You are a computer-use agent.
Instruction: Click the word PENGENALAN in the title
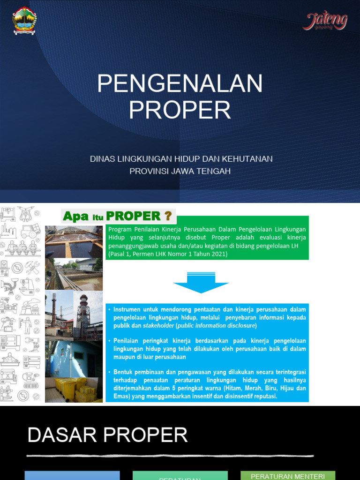click(180, 84)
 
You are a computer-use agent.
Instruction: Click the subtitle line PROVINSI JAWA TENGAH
click(180, 172)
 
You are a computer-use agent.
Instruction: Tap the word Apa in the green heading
click(76, 217)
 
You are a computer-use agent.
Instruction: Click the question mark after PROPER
click(167, 216)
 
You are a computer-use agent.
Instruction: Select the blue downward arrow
click(201, 282)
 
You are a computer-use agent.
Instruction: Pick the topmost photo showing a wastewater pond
click(74, 242)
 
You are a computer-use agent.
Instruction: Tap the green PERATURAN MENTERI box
click(288, 476)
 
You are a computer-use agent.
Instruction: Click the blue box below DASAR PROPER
click(72, 476)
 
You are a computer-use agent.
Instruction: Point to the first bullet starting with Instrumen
click(206, 318)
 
